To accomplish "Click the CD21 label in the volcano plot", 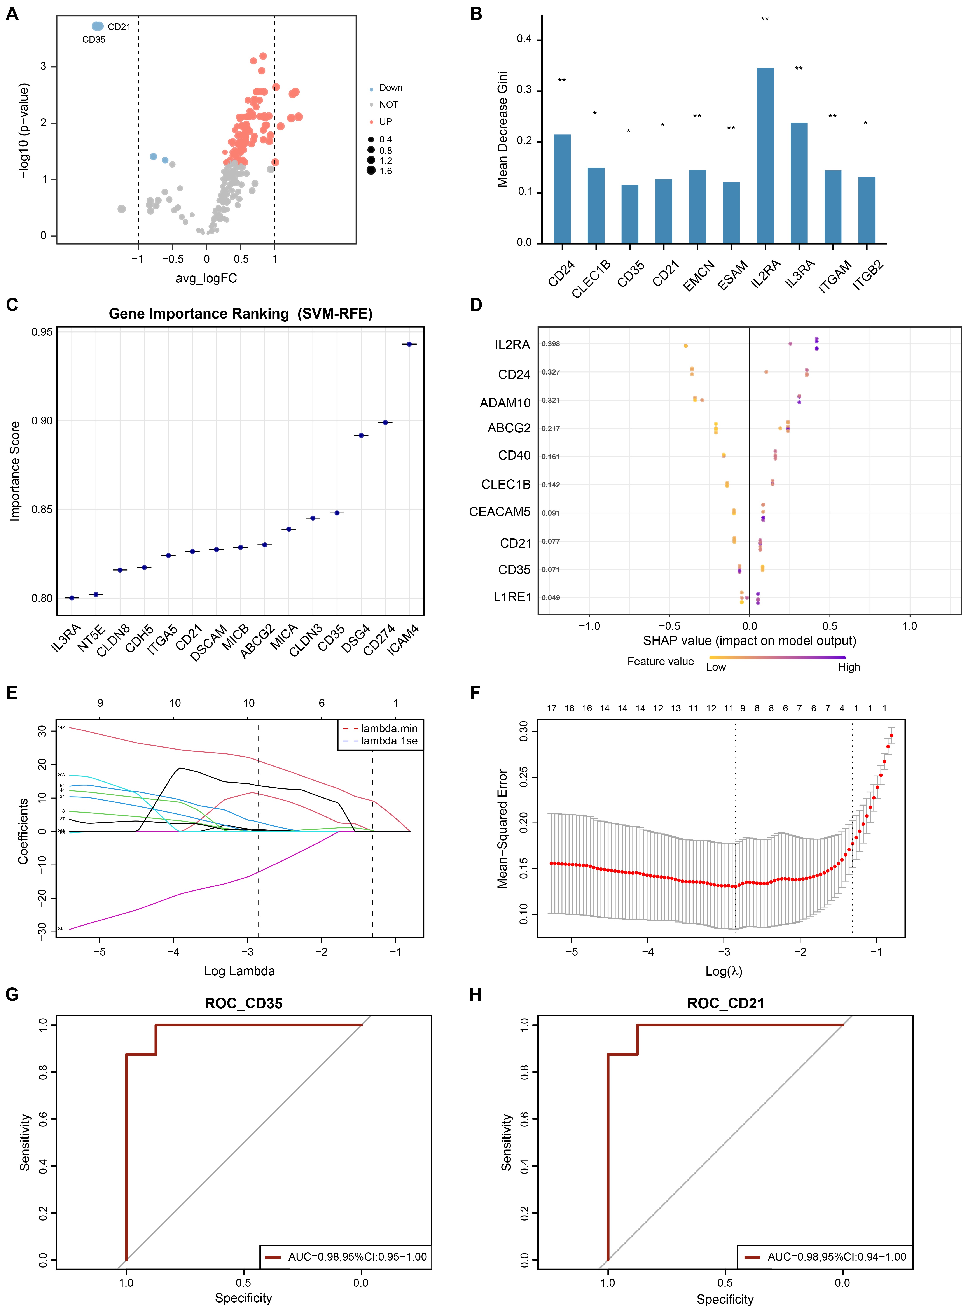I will click(x=119, y=27).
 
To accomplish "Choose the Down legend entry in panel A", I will click(x=390, y=88).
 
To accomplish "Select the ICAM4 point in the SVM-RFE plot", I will click(x=409, y=344).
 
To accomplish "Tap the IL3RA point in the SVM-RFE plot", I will click(x=72, y=598).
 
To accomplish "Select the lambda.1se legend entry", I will click(x=389, y=741).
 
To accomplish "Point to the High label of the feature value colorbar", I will click(x=848, y=667).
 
